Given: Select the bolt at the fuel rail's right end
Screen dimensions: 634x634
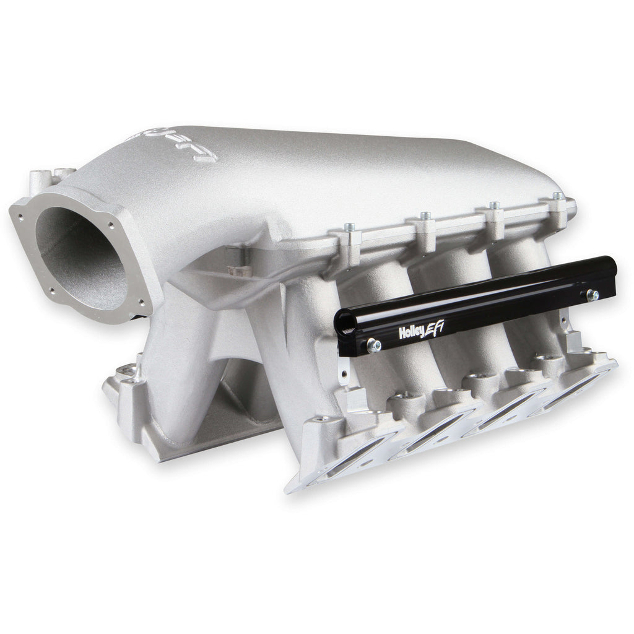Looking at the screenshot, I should click(593, 295).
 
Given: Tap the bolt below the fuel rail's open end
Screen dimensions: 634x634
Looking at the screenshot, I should click(374, 345).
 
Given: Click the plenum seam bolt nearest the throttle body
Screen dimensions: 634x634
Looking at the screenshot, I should click(350, 227).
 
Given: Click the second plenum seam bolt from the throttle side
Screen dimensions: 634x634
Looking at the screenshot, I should click(425, 215).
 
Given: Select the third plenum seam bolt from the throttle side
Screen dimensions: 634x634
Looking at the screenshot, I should click(493, 205).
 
